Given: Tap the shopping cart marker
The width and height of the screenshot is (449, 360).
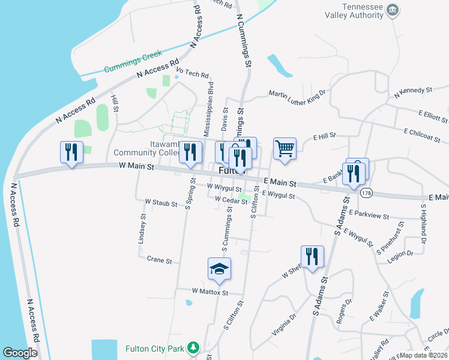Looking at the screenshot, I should pos(285,148).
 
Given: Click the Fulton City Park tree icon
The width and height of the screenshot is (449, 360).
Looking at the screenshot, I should pos(193,347).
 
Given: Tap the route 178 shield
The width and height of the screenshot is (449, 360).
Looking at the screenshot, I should pos(366,193).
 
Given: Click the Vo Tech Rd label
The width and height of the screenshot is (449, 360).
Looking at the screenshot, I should pos(191,75).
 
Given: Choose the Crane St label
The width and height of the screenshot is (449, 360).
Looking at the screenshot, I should pos(159,260).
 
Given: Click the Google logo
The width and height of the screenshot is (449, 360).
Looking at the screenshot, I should pos(20,352).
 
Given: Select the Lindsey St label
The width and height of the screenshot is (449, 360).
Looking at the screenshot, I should pos(143,228).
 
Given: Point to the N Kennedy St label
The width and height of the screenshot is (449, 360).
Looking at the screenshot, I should pos(413,92).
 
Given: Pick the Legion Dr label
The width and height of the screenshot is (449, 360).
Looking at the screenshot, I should pos(401,253).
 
